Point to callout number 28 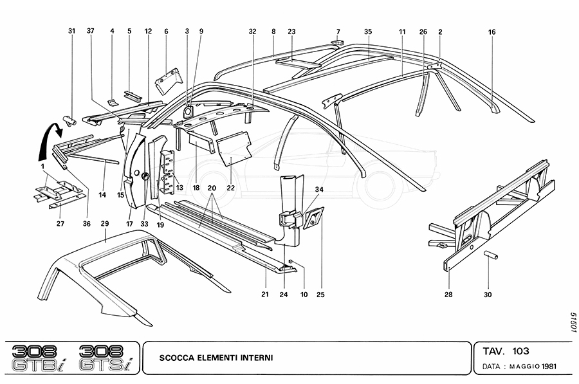click(x=448, y=295)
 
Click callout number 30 click(x=488, y=295)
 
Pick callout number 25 click(x=320, y=295)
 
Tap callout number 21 click(x=265, y=295)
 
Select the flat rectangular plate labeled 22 click(x=235, y=148)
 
